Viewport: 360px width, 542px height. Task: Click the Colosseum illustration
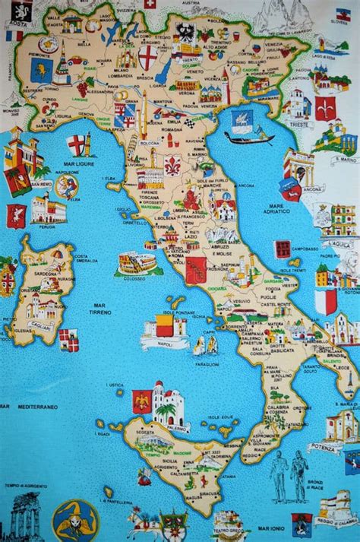pyautogui.click(x=137, y=263)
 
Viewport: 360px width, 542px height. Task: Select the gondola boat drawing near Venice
pyautogui.click(x=249, y=138)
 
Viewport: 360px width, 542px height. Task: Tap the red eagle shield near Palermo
pyautogui.click(x=141, y=401)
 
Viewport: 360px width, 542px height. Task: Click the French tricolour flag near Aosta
pyautogui.click(x=14, y=35)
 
